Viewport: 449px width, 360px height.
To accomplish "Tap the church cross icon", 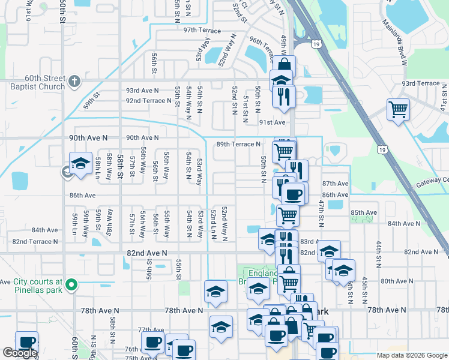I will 74,81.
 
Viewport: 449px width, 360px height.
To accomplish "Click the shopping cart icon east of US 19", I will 397,110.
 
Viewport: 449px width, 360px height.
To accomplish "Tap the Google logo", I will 20,353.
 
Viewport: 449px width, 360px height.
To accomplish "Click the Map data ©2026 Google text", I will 412,355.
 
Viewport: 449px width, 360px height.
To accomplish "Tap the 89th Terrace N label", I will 238,144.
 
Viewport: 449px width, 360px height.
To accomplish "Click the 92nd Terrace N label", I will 149,100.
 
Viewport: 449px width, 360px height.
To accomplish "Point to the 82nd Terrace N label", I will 35,242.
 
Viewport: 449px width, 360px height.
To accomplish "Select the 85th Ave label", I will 364,212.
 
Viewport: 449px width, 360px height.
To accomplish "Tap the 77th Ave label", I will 151,330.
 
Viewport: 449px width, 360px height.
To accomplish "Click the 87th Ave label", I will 335,183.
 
